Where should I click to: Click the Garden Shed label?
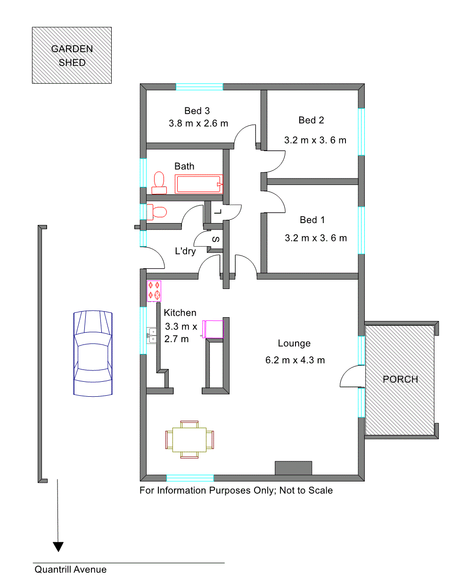72,56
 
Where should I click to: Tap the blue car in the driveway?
93,353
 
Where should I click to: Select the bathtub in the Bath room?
199,184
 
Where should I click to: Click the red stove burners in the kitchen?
154,291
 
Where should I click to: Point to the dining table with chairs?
189,440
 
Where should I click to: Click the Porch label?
400,379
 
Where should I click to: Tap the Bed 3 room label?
197,111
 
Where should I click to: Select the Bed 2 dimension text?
315,140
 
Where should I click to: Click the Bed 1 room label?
312,220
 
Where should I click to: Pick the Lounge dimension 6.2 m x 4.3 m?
295,360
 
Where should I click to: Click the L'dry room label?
185,251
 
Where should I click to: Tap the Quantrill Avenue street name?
71,569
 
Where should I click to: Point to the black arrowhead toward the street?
58,547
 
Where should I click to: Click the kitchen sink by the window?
152,335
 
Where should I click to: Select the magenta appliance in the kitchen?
213,329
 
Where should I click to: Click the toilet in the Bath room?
159,183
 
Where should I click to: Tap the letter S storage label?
216,239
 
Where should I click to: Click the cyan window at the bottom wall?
190,478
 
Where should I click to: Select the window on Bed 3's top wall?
199,87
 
